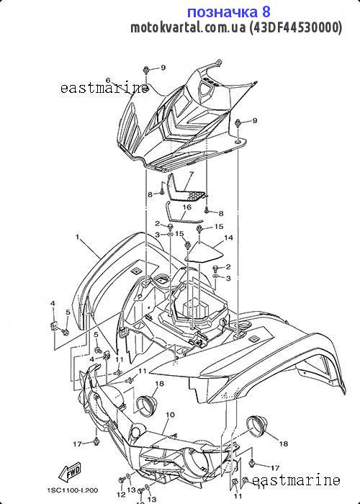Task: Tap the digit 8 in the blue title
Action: click(x=266, y=12)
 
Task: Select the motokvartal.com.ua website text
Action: click(x=188, y=27)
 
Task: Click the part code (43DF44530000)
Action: click(x=296, y=27)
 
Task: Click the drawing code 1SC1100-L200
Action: click(x=73, y=490)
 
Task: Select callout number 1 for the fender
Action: click(x=78, y=237)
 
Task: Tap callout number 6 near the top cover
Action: click(x=108, y=80)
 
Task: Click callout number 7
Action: click(x=192, y=174)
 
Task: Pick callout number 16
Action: click(x=186, y=207)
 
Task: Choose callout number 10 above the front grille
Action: click(x=171, y=415)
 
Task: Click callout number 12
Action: click(x=120, y=494)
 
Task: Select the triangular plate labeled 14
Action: click(x=204, y=253)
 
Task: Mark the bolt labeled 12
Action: click(x=122, y=480)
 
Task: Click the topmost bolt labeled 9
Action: click(x=145, y=70)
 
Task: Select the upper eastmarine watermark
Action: click(x=104, y=88)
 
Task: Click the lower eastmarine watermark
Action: click(x=296, y=480)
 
